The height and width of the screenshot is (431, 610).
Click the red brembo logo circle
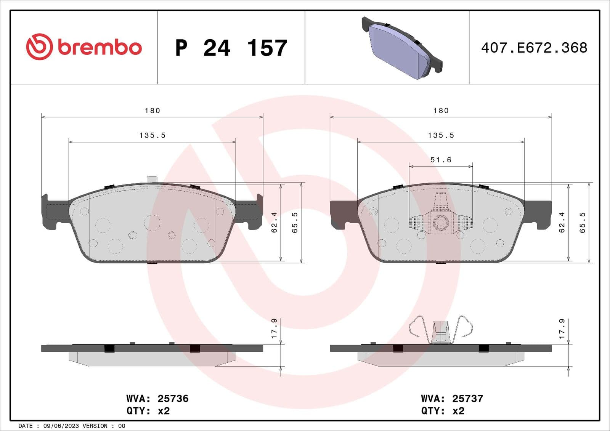pos(39,46)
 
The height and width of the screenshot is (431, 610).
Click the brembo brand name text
pos(100,47)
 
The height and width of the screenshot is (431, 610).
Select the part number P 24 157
pos(231,48)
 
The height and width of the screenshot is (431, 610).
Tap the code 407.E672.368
pos(534,48)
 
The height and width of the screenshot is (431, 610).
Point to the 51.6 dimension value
pos(441,160)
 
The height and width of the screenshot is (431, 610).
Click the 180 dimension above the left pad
pos(152,111)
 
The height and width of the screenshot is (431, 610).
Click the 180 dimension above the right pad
pos(441,111)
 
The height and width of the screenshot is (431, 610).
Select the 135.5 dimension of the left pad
pos(152,135)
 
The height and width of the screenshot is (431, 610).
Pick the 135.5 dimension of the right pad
pos(441,135)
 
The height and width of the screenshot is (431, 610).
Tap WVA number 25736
pos(173,399)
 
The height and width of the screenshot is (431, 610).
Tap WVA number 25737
pos(467,399)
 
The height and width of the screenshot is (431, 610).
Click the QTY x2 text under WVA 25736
pos(148,411)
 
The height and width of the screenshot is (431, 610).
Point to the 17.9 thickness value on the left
pos(274,328)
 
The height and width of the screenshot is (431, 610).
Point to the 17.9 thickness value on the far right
pos(562,328)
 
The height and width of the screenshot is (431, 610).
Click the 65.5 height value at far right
pos(583,223)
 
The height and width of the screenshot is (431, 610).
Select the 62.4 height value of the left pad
pos(274,223)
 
